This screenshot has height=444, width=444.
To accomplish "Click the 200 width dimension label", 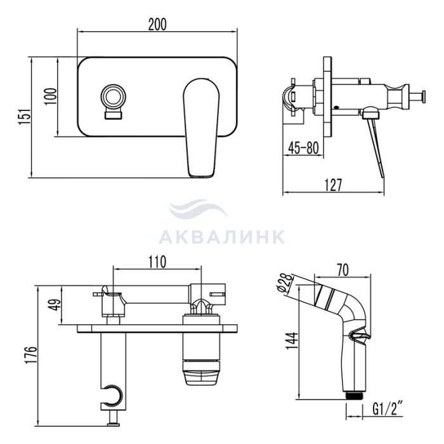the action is tap(157, 24).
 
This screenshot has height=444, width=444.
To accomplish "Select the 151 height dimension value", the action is tap(24, 116).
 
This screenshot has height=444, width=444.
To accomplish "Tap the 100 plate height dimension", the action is tap(51, 96).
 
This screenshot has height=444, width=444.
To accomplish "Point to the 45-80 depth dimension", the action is tap(303, 148).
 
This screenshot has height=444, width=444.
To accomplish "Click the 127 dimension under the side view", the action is tap(333, 185).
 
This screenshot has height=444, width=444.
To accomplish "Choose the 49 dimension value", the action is tap(56, 305).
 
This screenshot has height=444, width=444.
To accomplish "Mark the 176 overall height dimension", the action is tap(31, 355).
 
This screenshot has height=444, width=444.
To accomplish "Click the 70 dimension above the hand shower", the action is tap(343, 270).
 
